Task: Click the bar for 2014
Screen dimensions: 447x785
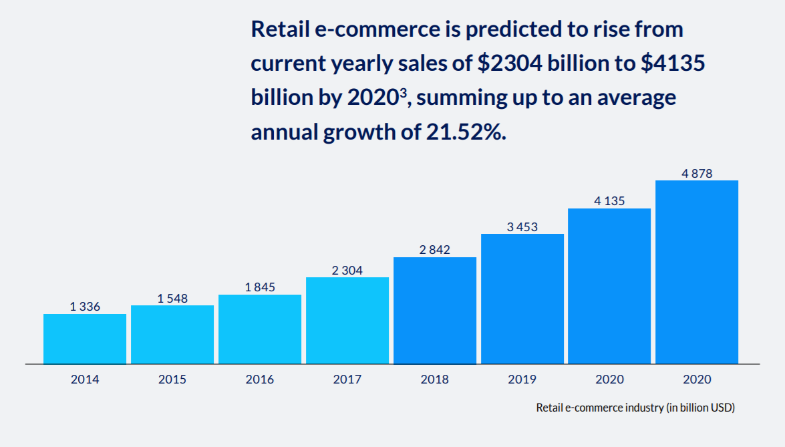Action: [x=85, y=339]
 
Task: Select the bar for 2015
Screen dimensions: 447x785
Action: [x=172, y=334]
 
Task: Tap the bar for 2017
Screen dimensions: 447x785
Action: [x=347, y=320]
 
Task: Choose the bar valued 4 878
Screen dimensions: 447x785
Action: [x=697, y=272]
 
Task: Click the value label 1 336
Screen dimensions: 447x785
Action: [x=85, y=307]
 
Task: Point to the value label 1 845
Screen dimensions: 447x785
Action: [x=260, y=287]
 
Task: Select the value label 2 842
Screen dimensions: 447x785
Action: [x=435, y=250]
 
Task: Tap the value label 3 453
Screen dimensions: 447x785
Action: [x=522, y=227]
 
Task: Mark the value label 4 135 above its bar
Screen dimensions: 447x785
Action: [x=609, y=200]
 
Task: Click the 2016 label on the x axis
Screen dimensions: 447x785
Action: [x=260, y=380]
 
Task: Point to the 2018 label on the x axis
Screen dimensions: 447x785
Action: [x=435, y=380]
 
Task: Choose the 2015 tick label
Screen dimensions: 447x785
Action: [x=172, y=380]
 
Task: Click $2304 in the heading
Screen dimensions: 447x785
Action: [x=510, y=64]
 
